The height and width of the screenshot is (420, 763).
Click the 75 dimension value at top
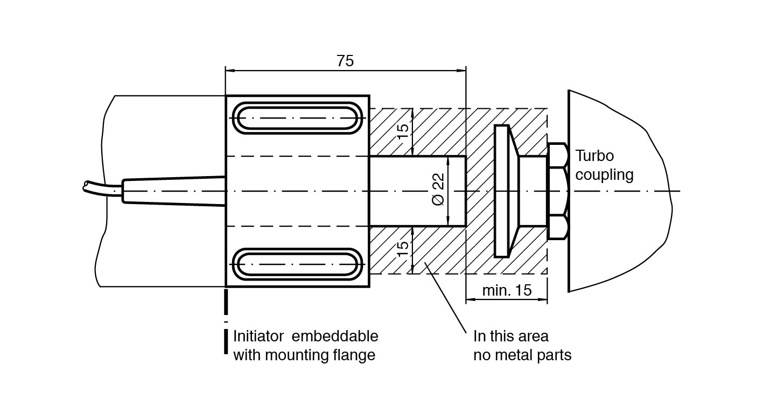[345, 61]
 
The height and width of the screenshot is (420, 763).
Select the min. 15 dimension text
[507, 290]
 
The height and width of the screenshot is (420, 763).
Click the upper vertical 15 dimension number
[403, 131]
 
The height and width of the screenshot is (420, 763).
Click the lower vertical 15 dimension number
[403, 249]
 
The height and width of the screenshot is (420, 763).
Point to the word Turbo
[594, 156]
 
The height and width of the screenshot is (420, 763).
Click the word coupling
[604, 174]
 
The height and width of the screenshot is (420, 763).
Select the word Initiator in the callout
[258, 337]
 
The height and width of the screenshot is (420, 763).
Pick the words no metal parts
[522, 355]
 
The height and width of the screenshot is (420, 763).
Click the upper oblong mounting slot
[297, 118]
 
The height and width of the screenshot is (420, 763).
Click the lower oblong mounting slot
[297, 264]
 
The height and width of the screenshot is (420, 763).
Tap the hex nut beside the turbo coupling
[557, 191]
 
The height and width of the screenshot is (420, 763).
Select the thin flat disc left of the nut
[501, 191]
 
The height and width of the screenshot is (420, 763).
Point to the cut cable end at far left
[86, 186]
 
